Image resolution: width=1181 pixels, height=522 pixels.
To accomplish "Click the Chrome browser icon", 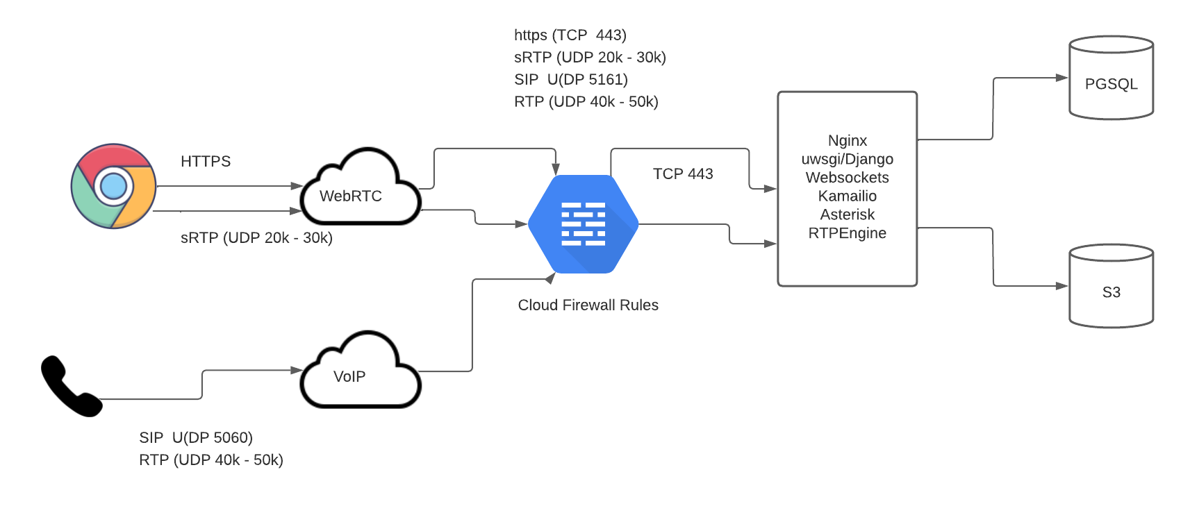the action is (x=113, y=186).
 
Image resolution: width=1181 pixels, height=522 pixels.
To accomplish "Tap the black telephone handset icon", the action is (x=71, y=386).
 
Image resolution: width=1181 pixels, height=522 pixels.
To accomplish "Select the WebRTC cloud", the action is (x=361, y=187).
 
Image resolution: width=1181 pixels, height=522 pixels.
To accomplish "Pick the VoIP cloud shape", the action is (x=361, y=370).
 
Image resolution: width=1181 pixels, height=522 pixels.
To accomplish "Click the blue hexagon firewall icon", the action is (x=583, y=224).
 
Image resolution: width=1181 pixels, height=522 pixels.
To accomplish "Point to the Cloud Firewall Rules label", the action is (x=588, y=305).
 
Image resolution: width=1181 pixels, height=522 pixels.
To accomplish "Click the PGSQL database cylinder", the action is (x=1112, y=78).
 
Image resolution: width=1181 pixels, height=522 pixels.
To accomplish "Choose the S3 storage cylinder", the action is (x=1112, y=286).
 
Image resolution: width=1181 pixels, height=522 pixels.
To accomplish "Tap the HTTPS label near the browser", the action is (x=206, y=161).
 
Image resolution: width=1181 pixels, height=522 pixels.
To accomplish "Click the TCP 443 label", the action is (x=683, y=174).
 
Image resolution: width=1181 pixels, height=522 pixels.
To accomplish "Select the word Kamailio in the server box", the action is (x=848, y=196).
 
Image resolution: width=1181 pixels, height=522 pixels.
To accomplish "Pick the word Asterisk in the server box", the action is (x=848, y=214).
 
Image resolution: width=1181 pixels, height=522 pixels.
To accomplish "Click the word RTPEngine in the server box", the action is (x=848, y=233).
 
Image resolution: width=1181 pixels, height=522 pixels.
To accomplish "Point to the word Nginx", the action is (x=848, y=141).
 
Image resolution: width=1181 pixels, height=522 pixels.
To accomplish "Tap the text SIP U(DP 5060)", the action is (x=196, y=438).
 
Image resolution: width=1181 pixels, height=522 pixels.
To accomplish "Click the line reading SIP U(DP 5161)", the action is (x=571, y=80).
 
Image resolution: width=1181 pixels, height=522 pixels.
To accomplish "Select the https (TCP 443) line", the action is (x=570, y=35).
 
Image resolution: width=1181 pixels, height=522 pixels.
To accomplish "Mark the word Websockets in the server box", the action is (x=848, y=178).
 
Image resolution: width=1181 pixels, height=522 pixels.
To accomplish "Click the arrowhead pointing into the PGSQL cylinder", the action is (x=1062, y=78).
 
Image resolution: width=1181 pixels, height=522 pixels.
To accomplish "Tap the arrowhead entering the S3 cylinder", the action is (x=1062, y=286).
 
